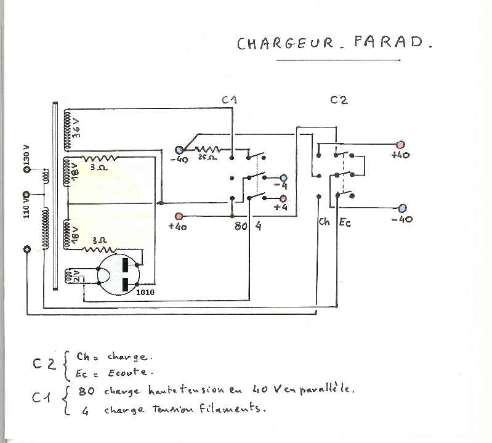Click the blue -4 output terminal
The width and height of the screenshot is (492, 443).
[x=284, y=178]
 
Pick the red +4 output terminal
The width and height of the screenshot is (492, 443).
[x=284, y=198]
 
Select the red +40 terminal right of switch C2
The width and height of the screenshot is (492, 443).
[x=400, y=144]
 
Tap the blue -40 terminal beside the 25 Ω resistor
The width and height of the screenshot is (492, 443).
[x=179, y=150]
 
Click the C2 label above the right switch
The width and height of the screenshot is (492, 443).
[x=339, y=100]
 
